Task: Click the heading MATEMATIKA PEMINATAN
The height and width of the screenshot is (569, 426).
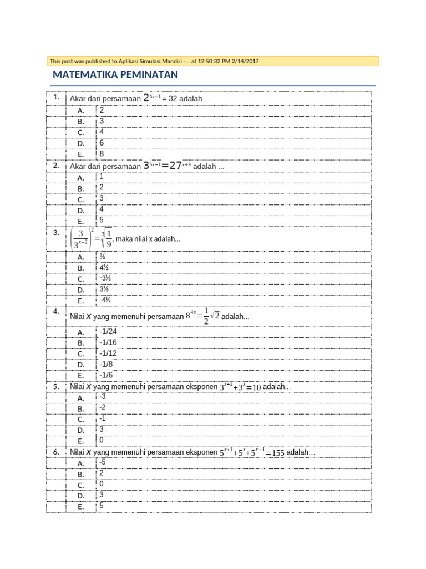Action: (x=115, y=75)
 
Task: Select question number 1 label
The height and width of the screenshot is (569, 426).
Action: (x=57, y=97)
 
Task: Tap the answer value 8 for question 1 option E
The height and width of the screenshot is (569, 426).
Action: (x=102, y=153)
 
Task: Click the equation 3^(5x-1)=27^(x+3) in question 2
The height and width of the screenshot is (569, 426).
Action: (x=167, y=166)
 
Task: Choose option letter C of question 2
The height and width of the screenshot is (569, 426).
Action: (x=80, y=199)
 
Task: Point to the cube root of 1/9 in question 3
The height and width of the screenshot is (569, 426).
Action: (x=106, y=238)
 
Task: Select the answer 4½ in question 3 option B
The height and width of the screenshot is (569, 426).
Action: (x=104, y=267)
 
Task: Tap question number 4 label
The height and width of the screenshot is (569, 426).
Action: (x=57, y=311)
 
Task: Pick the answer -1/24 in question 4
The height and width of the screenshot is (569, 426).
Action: (x=108, y=332)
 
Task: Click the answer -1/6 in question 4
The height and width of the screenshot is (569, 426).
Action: (x=106, y=375)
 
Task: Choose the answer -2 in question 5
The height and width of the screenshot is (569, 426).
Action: (x=103, y=407)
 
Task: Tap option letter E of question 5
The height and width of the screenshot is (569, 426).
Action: (x=80, y=441)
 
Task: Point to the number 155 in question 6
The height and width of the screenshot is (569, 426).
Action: (x=277, y=453)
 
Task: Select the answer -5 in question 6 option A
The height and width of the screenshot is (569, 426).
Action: (x=103, y=462)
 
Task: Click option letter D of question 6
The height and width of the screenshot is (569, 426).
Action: (x=80, y=496)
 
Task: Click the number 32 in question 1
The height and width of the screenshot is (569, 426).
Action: (x=173, y=99)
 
